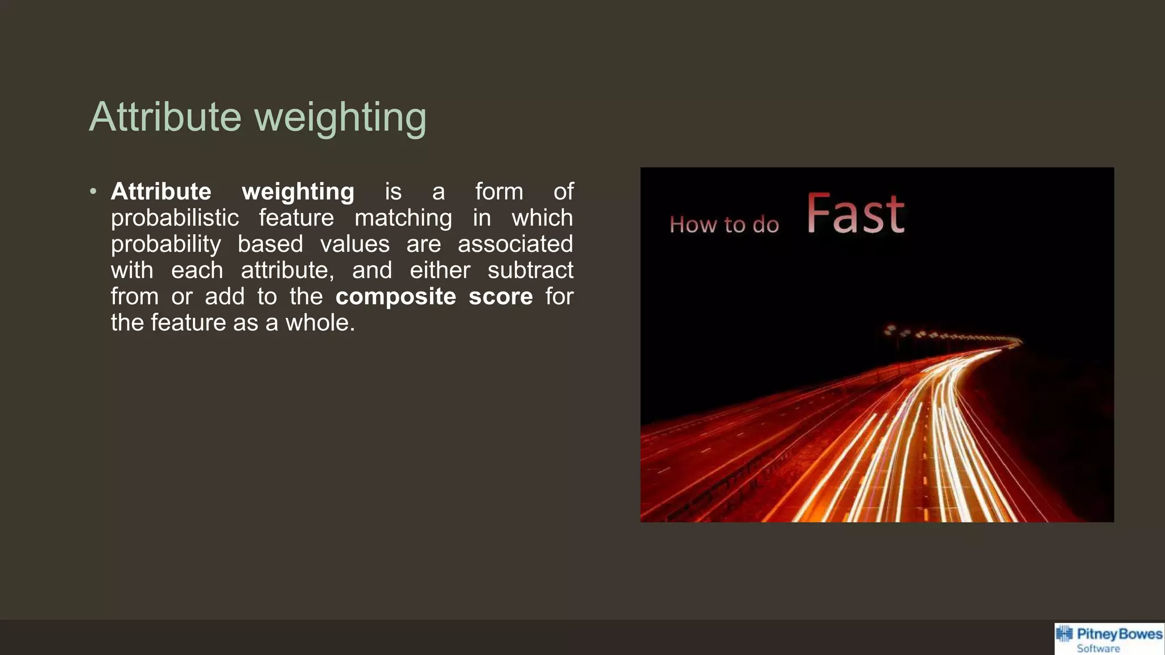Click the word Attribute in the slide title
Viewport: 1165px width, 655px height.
[165, 117]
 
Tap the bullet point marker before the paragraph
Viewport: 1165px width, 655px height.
[93, 192]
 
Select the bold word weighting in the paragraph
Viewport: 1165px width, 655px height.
[298, 192]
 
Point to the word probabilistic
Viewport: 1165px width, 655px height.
[175, 218]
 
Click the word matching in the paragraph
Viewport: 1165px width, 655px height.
[403, 218]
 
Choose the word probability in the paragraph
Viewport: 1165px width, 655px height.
[166, 244]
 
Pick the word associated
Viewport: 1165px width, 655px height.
[515, 244]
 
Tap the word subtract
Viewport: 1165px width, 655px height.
[530, 271]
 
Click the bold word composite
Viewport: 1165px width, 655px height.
[395, 297]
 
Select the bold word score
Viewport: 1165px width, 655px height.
[501, 297]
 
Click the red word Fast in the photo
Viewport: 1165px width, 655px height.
[856, 214]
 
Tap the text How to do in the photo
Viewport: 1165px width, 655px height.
[724, 225]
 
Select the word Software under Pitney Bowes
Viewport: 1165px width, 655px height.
[1098, 649]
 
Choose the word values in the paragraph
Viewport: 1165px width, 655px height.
[354, 244]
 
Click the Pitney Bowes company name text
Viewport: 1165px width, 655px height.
[1119, 634]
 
